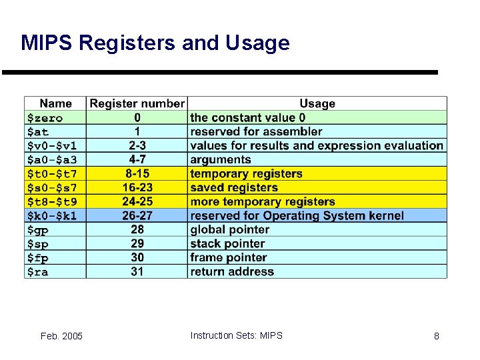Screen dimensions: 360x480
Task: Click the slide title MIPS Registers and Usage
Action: pos(155,43)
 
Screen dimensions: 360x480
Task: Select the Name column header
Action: pos(55,103)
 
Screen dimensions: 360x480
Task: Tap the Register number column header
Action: pos(137,103)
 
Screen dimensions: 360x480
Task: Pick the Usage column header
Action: pos(317,103)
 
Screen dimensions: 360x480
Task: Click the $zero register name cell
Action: pos(45,118)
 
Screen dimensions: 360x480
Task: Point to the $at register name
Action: pos(38,132)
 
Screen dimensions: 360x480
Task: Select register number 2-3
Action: pos(137,145)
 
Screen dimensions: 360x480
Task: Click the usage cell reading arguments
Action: pos(221,159)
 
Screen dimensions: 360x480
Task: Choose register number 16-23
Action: pos(137,187)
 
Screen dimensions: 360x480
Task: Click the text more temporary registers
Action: pos(263,201)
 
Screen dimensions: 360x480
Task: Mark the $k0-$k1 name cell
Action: pos(51,215)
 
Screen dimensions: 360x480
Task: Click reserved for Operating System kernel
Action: pos(297,215)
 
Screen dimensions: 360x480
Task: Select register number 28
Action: pos(137,229)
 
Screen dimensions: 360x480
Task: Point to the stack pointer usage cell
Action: pos(227,243)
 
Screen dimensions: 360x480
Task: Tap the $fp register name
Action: pos(37,257)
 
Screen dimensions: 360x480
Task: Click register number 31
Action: pos(137,271)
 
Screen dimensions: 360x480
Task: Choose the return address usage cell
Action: pos(232,271)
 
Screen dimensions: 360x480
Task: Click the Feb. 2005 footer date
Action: pos(62,336)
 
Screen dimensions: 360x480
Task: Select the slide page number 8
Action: pos(437,336)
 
